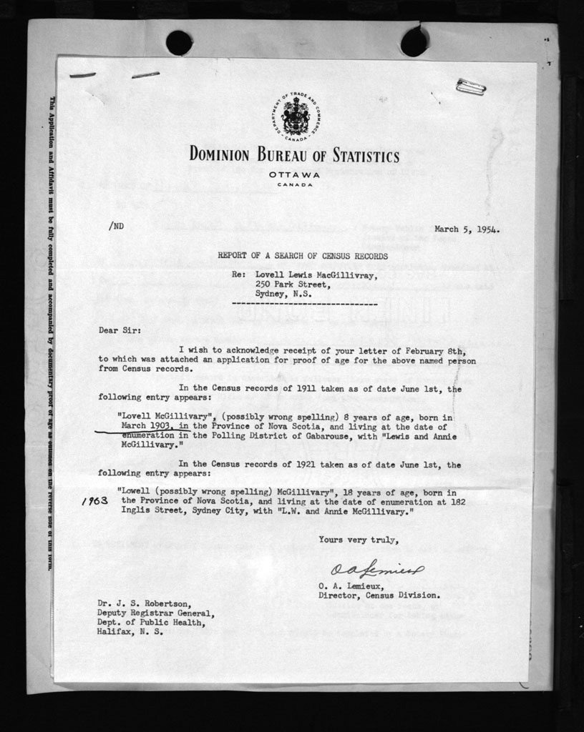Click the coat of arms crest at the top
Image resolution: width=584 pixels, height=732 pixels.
295,117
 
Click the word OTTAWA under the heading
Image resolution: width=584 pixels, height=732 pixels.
295,175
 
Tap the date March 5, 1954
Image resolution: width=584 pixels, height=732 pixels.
467,229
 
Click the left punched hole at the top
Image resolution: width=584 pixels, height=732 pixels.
179,43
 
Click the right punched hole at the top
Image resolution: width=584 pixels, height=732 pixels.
414,43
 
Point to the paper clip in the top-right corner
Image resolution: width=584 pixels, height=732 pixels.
471,87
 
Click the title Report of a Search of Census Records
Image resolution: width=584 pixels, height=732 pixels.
303,256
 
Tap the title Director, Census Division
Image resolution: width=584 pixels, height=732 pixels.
379,595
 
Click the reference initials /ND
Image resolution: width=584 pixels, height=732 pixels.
116,226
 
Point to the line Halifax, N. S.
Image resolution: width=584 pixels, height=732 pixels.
130,632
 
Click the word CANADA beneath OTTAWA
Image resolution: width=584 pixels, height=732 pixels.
295,185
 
